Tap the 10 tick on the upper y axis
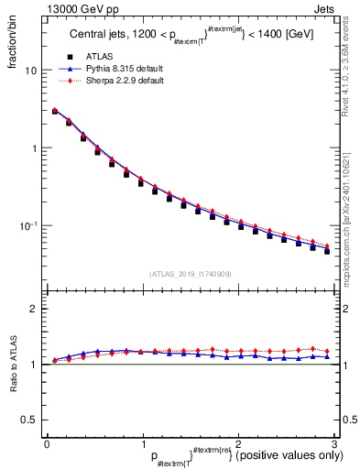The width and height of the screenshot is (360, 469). coord(32,71)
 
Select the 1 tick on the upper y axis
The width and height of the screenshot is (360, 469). coord(35,148)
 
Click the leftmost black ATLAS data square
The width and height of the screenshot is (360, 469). coord(55,112)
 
